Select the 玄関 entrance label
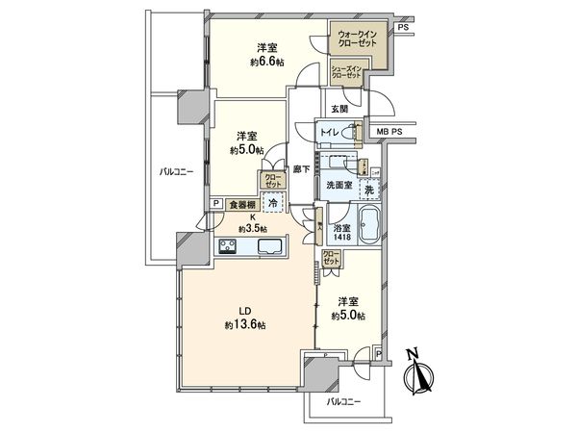pyautogui.click(x=339, y=109)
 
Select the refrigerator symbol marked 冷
pyautogui.click(x=273, y=204)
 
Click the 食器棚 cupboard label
pyautogui.click(x=240, y=204)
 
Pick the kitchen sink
pyautogui.click(x=269, y=247)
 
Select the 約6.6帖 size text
pyautogui.click(x=266, y=63)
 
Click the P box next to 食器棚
pyautogui.click(x=216, y=204)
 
